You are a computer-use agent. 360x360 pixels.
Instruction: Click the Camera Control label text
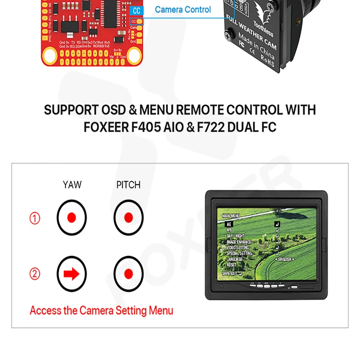(183, 9)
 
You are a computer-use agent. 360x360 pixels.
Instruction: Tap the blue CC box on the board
(136, 10)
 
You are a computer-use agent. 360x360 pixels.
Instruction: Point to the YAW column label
(72, 184)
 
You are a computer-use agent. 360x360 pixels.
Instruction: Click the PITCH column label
(128, 184)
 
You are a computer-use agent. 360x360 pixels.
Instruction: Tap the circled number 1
(35, 218)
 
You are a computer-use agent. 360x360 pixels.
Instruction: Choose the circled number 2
(35, 274)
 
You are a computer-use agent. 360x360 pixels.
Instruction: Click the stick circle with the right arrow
(72, 274)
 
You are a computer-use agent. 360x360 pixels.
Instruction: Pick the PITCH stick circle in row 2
(128, 274)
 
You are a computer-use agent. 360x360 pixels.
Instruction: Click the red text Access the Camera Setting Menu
(101, 310)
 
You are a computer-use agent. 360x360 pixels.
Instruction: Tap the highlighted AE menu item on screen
(229, 223)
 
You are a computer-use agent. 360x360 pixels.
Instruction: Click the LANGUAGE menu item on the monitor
(234, 259)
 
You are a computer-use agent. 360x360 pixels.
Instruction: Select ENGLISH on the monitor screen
(284, 259)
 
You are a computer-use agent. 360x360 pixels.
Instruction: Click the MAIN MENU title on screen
(232, 216)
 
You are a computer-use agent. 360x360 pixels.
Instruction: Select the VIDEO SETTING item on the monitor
(238, 247)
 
